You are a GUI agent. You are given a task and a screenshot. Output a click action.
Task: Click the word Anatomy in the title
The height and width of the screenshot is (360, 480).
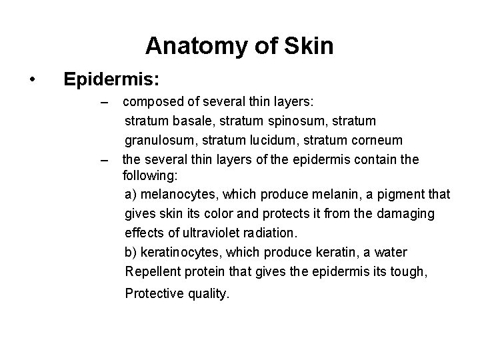point(194,46)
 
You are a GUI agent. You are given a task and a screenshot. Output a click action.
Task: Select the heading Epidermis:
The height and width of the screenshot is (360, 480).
point(111,79)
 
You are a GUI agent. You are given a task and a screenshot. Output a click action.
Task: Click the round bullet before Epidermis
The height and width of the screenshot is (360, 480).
point(32,80)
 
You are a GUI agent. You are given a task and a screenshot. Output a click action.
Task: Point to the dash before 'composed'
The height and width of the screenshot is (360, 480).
point(103,103)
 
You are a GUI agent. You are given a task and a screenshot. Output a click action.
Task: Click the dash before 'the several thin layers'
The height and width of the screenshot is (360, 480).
point(103,161)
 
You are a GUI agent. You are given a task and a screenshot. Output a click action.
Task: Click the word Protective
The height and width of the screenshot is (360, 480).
point(153,293)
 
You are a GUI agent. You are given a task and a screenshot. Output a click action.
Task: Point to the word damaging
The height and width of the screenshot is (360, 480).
point(409,213)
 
